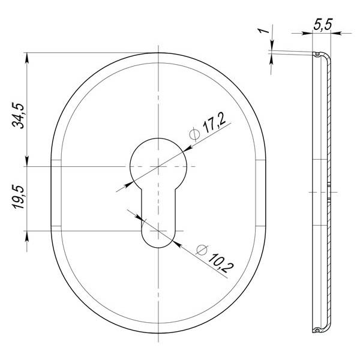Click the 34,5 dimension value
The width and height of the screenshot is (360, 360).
point(18,115)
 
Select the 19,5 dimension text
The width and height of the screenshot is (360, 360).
point(18,197)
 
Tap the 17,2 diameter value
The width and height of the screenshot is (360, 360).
point(214,122)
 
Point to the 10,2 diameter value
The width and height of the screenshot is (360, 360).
point(221,263)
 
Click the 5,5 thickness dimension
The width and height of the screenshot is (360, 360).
point(323,24)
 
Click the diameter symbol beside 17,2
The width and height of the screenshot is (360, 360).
point(194,134)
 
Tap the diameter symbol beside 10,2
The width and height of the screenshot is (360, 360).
point(202,250)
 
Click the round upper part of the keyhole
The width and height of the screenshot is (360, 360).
point(158,139)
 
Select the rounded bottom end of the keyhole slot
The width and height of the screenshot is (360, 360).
point(158,247)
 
